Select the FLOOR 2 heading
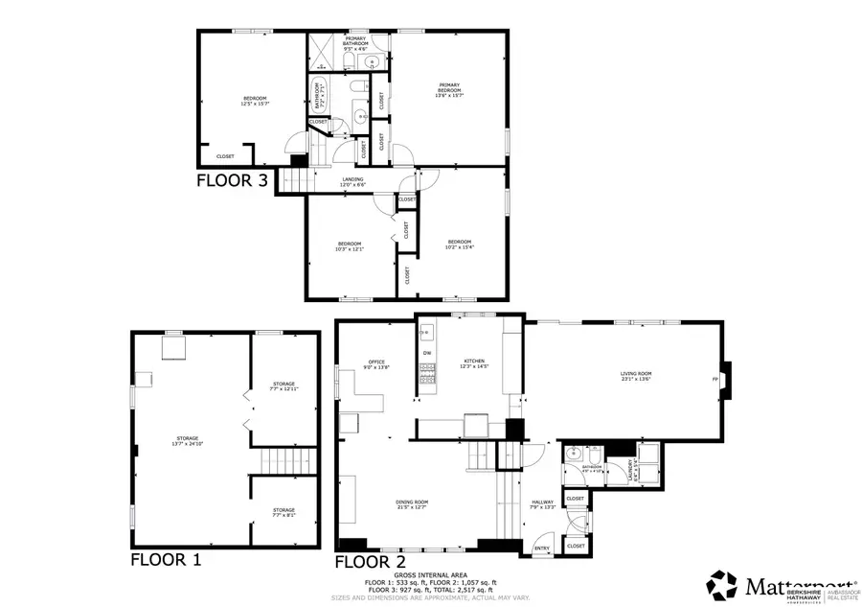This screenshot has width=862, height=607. point(372,561)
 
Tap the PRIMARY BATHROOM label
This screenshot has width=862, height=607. point(356,42)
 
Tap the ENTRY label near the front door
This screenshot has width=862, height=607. point(542,549)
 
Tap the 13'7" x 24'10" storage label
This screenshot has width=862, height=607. point(187,441)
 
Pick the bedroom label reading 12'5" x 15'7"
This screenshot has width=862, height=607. point(254,101)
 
